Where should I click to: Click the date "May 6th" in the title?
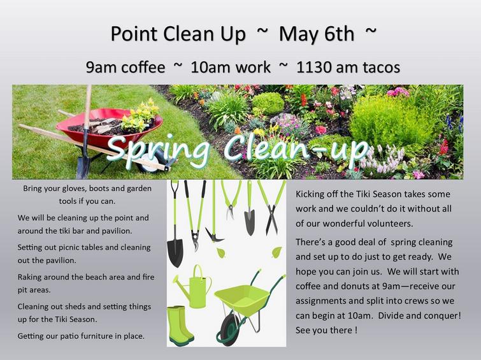316,34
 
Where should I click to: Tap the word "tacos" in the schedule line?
380,68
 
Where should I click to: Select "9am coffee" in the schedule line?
126,68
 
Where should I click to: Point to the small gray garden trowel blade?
249,222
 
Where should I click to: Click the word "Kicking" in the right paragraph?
310,194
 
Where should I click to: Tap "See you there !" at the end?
326,330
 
